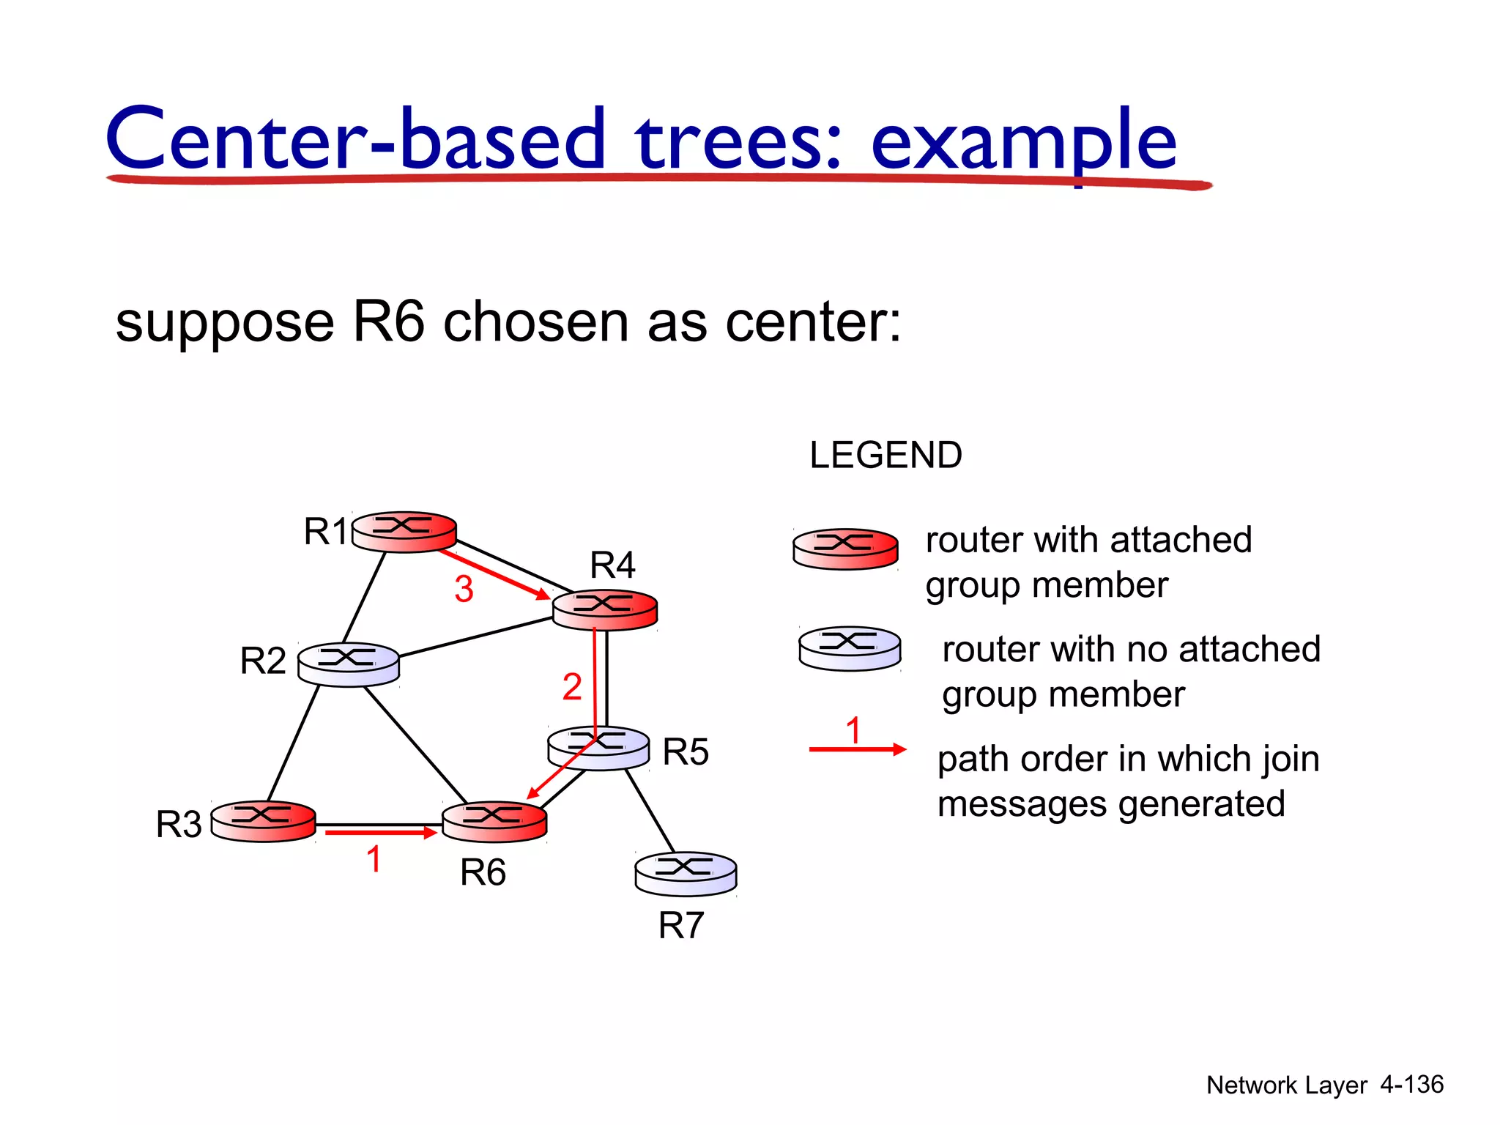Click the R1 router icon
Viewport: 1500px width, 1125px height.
(x=404, y=531)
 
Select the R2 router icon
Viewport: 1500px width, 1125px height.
(x=349, y=664)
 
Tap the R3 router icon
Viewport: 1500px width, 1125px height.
(x=263, y=820)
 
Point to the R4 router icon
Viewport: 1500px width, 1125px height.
(x=604, y=609)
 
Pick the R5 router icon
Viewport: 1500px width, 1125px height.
(x=598, y=748)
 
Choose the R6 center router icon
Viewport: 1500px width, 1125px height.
(x=494, y=821)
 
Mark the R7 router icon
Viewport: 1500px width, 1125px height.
(x=686, y=873)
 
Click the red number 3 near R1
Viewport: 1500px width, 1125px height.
(x=464, y=589)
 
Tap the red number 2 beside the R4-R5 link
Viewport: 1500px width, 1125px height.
(x=572, y=687)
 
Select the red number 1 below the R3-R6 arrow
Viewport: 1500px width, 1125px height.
(x=374, y=859)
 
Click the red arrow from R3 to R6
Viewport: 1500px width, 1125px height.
(x=380, y=833)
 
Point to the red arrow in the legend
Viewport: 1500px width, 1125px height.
(x=857, y=749)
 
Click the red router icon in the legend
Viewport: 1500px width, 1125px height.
(x=845, y=549)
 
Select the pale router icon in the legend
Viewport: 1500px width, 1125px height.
(x=849, y=648)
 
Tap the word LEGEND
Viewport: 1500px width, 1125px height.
(x=885, y=455)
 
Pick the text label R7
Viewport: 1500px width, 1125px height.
(x=680, y=925)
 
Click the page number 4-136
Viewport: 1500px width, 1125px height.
(x=1411, y=1084)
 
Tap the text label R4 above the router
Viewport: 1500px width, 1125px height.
(x=612, y=565)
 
